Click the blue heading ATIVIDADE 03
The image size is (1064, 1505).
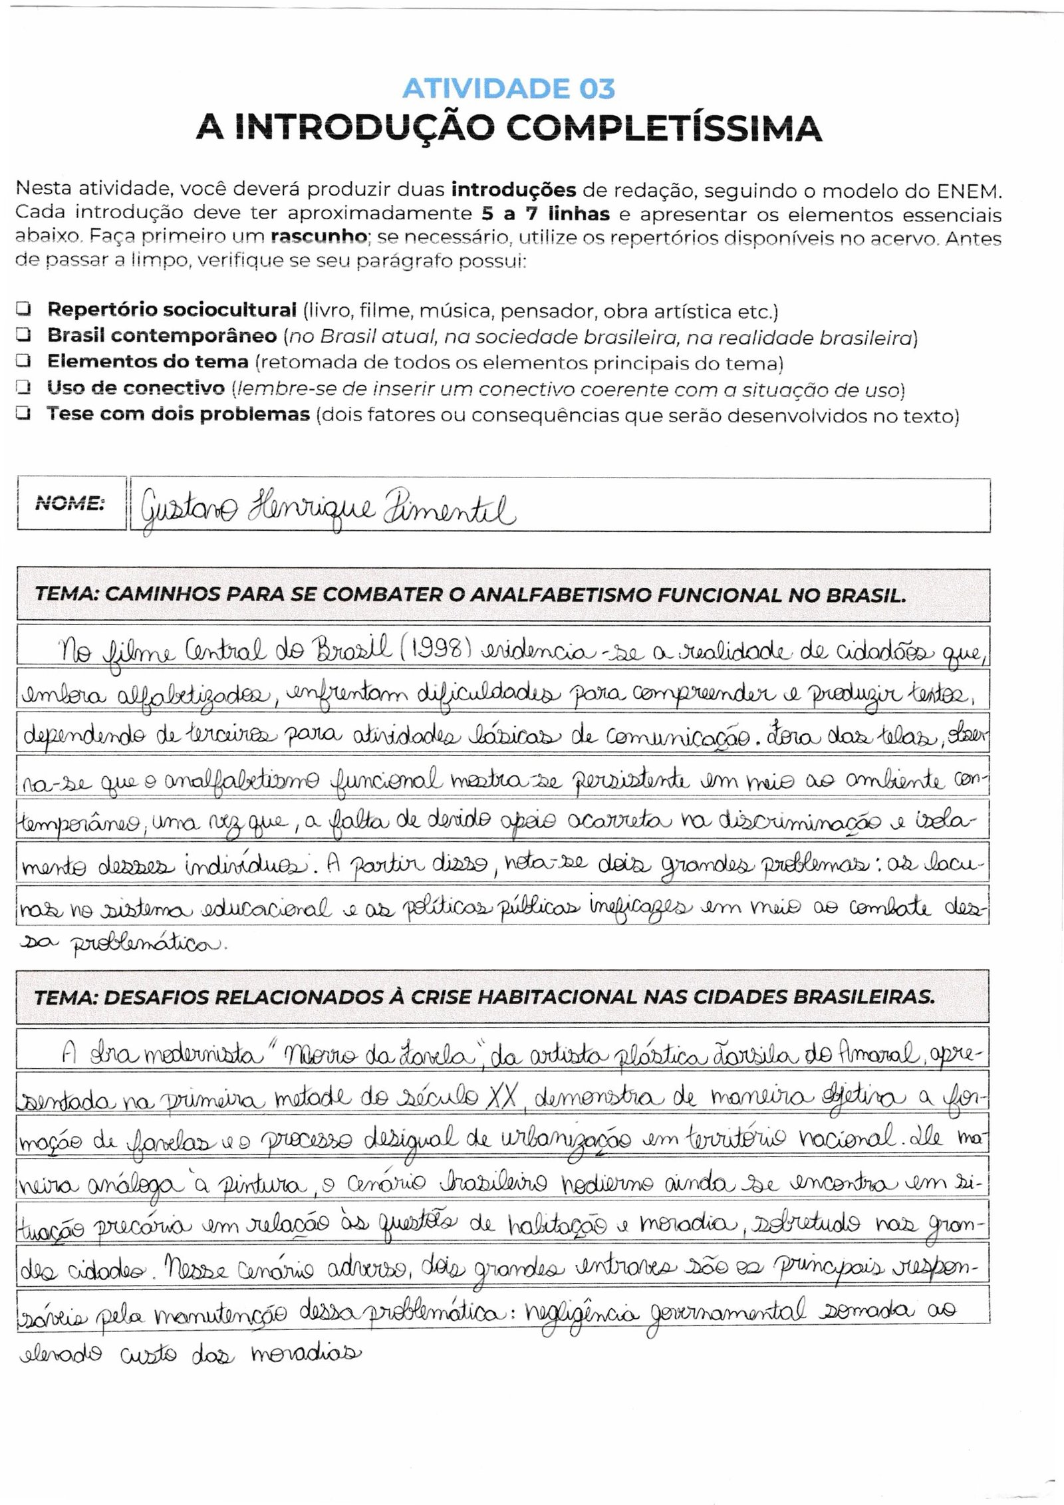click(x=509, y=88)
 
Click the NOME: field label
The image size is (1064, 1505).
click(x=70, y=503)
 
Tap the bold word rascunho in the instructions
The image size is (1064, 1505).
click(x=319, y=237)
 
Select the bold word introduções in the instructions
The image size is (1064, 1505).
click(x=513, y=191)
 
